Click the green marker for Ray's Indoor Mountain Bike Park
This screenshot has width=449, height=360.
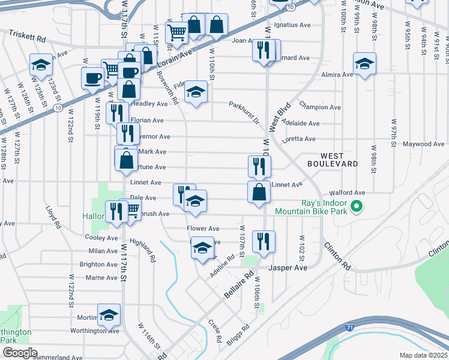click(x=356, y=208)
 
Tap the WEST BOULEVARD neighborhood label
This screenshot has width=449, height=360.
click(x=334, y=160)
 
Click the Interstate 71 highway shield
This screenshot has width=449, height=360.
click(x=349, y=328)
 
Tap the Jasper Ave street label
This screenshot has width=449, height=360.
click(x=288, y=267)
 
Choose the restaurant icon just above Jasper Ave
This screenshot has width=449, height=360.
click(x=264, y=241)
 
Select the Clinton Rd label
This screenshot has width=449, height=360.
click(x=337, y=256)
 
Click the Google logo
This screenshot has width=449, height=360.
click(x=20, y=353)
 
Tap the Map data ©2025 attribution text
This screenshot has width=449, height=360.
click(x=423, y=355)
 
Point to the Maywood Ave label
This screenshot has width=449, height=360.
click(x=423, y=144)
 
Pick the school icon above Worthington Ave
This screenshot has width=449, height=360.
click(x=109, y=314)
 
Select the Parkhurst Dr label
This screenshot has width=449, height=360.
click(x=243, y=112)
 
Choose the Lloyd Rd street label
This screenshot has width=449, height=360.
click(x=54, y=218)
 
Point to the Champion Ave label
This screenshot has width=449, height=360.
click(x=319, y=107)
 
